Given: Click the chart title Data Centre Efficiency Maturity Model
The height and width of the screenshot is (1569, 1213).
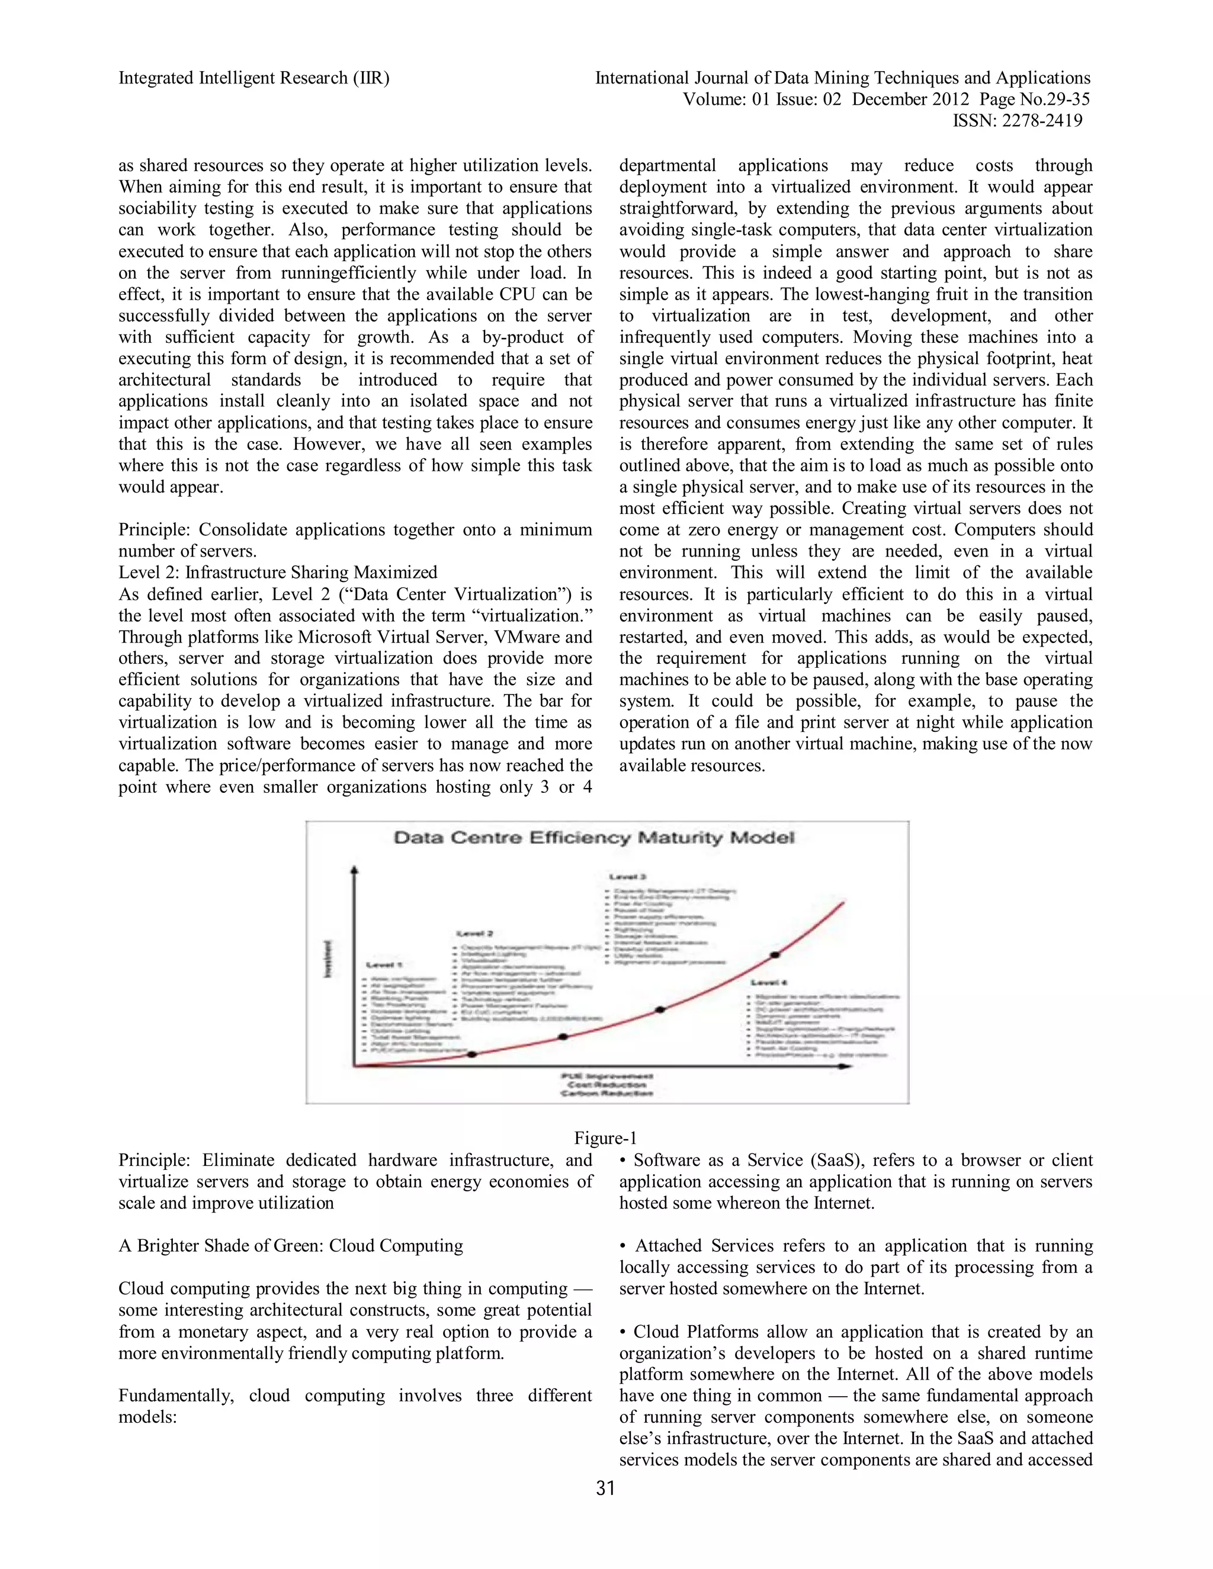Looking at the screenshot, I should click(594, 838).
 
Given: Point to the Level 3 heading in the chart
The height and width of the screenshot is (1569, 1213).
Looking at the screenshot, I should click(627, 877).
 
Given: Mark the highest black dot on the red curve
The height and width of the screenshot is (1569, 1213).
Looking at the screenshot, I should click(775, 955).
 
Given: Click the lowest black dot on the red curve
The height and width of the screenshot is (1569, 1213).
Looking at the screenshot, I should click(472, 1054).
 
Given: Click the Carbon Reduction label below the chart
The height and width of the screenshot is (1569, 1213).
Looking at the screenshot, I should click(607, 1094).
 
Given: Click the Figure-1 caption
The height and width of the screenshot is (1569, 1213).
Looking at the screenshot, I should click(605, 1138).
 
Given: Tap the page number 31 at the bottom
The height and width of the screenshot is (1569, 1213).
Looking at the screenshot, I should click(606, 1488).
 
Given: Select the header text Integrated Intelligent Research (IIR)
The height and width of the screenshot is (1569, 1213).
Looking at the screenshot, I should click(253, 78).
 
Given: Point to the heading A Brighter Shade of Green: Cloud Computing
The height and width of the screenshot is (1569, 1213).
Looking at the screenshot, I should click(290, 1246).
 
